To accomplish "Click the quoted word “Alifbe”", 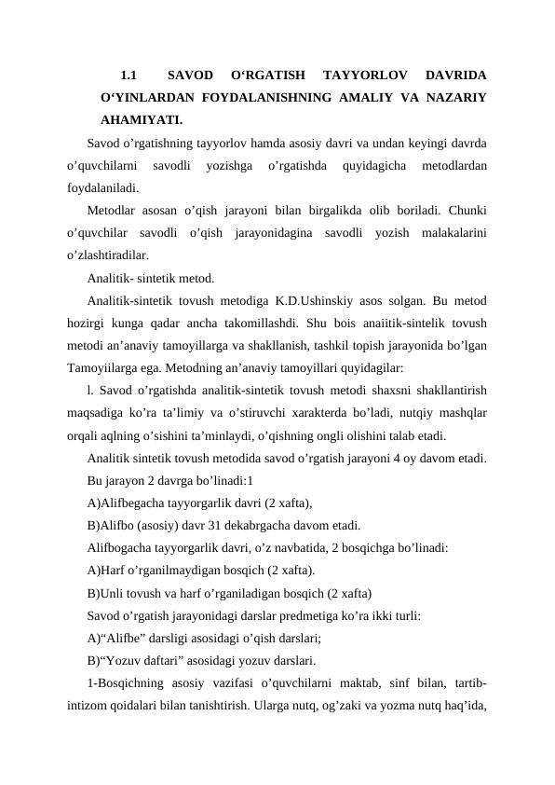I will click(125, 639).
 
